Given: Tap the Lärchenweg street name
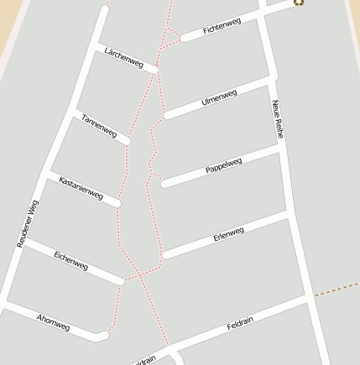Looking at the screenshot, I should [123, 57].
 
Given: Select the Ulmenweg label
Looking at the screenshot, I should [220, 97].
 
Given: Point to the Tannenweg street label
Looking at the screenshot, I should [99, 125].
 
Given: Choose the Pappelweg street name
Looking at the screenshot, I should [223, 165].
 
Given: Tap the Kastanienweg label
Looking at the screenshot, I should [81, 189].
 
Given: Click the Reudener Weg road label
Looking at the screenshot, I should [28, 223].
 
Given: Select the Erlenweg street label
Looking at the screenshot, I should [228, 233].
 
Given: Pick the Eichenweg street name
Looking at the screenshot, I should [71, 261].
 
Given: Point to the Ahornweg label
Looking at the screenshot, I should [54, 321].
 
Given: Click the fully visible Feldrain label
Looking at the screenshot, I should [240, 325].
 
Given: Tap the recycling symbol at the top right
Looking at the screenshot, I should [299, 3].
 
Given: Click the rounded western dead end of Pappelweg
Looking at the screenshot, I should [164, 184].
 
